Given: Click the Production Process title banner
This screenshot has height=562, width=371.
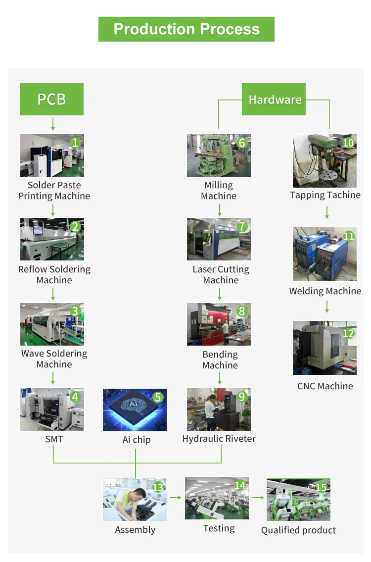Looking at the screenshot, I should [186, 29].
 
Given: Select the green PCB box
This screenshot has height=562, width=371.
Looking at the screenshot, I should [51, 99].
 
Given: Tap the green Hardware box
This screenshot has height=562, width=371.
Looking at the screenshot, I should [275, 100].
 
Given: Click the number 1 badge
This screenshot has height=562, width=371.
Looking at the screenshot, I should [75, 143].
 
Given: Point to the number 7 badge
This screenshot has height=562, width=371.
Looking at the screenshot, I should [241, 227].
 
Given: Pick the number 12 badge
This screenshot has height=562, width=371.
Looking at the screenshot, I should [348, 333].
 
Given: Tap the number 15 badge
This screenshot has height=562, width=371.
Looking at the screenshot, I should [321, 487].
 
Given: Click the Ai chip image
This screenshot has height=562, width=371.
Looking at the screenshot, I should [135, 410].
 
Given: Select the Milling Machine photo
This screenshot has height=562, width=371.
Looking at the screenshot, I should [219, 155].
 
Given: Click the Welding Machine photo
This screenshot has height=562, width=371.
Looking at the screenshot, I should [325, 254].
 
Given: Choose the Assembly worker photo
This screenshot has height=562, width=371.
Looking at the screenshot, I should [135, 500].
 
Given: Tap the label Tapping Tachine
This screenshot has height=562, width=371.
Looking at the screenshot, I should [325, 195].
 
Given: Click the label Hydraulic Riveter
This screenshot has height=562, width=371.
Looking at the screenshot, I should [219, 439].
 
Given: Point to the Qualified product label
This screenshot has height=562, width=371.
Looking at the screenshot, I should [298, 530].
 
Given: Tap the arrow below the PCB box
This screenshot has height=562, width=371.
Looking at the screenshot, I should [52, 124].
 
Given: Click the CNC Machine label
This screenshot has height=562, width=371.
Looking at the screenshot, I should [325, 386].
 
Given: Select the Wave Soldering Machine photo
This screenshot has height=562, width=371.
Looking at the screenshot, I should [52, 324].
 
